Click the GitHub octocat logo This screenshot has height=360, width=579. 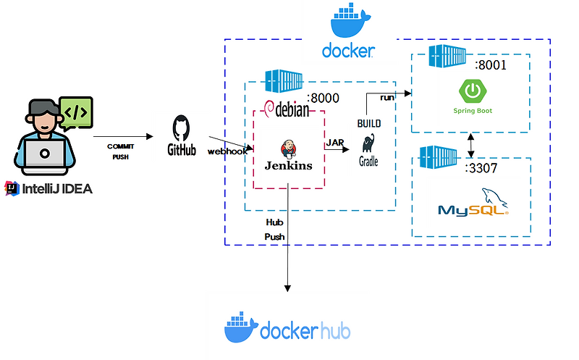click(x=182, y=127)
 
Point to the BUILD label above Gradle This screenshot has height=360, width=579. click(x=368, y=124)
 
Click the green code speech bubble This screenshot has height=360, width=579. click(x=75, y=112)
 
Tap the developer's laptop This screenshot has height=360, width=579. click(x=44, y=154)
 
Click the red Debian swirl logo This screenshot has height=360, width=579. click(x=271, y=109)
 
